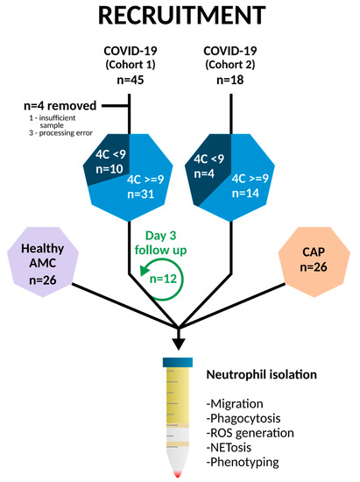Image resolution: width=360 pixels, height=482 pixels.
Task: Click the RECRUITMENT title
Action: click(x=180, y=18)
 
